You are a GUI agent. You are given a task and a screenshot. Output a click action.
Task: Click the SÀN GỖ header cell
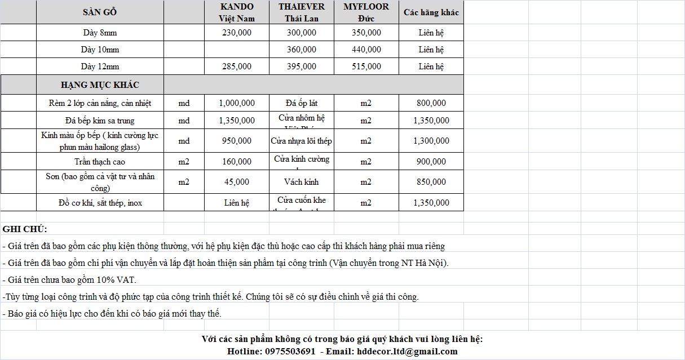tap(100, 12)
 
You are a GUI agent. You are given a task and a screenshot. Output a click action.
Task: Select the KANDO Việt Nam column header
tap(237, 12)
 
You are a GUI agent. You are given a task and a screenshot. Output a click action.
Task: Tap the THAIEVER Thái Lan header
tap(302, 12)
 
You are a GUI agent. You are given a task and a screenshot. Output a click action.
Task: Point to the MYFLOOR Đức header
tap(366, 12)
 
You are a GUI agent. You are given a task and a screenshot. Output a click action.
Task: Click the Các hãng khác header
tap(431, 12)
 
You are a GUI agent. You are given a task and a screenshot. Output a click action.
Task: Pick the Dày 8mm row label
tap(100, 33)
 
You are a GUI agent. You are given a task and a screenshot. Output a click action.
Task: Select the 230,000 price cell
tap(237, 33)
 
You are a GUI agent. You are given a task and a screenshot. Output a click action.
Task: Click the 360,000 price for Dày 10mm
tap(302, 50)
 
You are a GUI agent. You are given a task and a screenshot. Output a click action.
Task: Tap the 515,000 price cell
tap(366, 66)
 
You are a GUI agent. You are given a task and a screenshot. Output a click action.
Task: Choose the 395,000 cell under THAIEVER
tap(302, 66)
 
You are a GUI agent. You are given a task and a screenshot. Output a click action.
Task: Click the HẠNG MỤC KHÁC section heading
tap(100, 85)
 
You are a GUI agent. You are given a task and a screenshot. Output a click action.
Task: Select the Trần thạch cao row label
tap(100, 162)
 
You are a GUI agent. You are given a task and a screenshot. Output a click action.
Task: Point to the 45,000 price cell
tap(237, 182)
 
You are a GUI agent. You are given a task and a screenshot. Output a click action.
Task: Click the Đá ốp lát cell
tap(302, 103)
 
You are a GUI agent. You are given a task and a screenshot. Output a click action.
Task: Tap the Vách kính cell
tap(302, 182)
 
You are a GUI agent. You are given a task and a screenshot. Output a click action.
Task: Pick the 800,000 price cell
tap(431, 103)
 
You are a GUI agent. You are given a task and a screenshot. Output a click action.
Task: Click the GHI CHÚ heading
tap(25, 229)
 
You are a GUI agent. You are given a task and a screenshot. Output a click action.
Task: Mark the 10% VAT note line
tap(69, 279)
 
